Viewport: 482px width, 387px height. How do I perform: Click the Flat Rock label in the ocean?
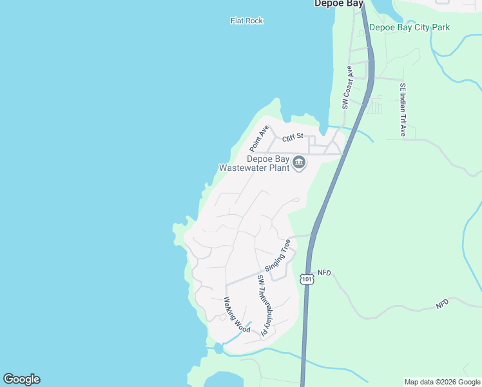247,21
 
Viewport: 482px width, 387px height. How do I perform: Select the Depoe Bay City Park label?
409,27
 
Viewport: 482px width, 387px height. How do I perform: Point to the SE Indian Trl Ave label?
402,110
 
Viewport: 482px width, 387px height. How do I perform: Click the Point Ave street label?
259,139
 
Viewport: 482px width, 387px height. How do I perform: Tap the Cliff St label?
292,137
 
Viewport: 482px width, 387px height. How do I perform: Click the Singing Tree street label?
278,255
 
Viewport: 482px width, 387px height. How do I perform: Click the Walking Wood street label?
236,315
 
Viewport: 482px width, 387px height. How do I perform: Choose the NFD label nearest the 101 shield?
323,273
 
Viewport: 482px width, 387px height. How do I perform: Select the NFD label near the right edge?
441,303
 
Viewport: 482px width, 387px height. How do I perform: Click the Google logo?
21,379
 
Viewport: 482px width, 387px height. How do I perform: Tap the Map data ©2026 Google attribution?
442,382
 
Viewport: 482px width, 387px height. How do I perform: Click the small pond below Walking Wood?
218,348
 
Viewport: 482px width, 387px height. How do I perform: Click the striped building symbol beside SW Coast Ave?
374,108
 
